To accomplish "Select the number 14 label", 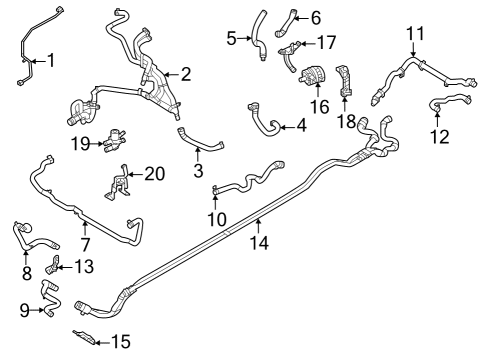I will [x=258, y=241].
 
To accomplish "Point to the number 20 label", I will [x=154, y=174].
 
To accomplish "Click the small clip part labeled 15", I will [x=86, y=335].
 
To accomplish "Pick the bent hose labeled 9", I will [x=50, y=298].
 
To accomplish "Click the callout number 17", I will [x=326, y=42].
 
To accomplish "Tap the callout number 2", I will [x=184, y=73].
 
